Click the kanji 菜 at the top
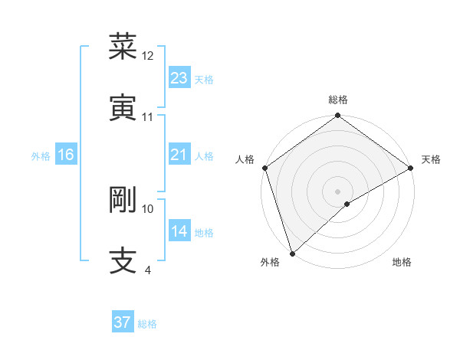[123, 47]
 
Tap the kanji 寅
[123, 107]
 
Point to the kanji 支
[123, 260]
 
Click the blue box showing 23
[179, 78]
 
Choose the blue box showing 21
[179, 155]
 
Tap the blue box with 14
[179, 231]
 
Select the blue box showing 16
[66, 155]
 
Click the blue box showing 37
[123, 322]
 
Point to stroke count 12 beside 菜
[148, 56]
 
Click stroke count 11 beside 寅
[148, 117]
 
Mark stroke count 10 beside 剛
[148, 208]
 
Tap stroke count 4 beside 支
[147, 270]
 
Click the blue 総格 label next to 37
[148, 324]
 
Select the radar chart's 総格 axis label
[338, 100]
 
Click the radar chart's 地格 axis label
[402, 262]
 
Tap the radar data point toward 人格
[264, 168]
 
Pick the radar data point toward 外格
[292, 253]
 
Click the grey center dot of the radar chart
[337, 191]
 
